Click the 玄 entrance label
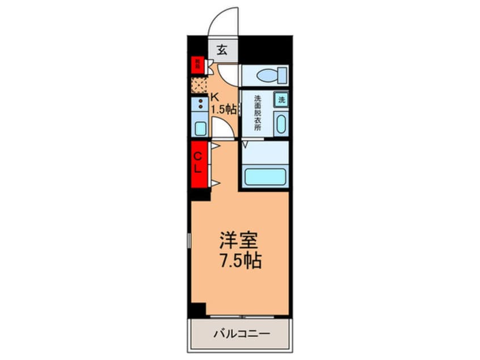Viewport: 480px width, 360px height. pos(222,50)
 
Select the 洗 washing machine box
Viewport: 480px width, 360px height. pos(282,99)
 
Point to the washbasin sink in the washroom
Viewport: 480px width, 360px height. pos(281,124)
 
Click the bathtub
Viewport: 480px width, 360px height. pos(264,176)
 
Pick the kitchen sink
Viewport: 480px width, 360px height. pos(200,127)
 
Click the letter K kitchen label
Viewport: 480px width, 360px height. pos(214,97)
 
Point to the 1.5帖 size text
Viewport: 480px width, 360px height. pos(224,109)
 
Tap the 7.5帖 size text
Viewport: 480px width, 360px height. pos(240,261)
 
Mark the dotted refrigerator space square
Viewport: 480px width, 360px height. pos(199,85)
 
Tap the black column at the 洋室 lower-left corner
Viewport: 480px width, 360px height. pos(197,310)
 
